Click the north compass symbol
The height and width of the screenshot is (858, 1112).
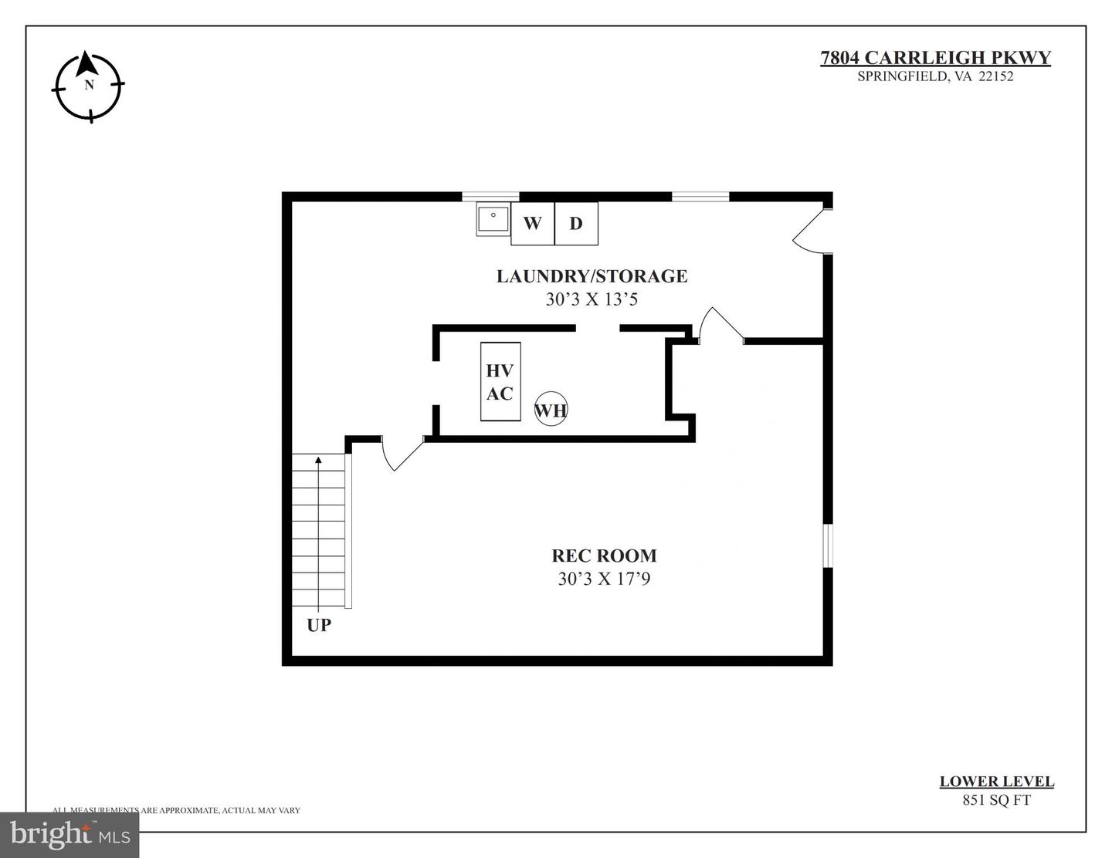point(88,86)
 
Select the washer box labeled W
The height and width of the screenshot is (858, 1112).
point(532,224)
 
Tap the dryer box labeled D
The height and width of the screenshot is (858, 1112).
point(576,224)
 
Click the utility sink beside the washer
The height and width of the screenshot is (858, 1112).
point(493,219)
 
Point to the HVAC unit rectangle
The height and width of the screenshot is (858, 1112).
point(500,382)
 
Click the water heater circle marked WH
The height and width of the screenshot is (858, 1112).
point(551,410)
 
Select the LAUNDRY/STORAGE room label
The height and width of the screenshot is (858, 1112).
point(592,276)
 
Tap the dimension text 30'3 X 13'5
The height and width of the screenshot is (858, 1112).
point(592,299)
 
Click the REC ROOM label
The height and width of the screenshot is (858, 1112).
point(604,556)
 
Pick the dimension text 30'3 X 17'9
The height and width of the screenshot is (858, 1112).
point(604,579)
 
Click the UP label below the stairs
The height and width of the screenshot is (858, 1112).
point(319,625)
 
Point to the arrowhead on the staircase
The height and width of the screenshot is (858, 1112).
point(318,461)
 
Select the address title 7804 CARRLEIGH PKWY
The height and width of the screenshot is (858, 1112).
point(935,58)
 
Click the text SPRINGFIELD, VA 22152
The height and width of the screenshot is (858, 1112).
point(935,76)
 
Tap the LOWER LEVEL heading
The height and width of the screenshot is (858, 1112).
point(996,782)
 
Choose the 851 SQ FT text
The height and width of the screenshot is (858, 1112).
point(996,800)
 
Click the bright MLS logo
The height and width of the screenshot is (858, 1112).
point(69,834)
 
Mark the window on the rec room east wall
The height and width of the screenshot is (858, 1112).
point(827,546)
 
